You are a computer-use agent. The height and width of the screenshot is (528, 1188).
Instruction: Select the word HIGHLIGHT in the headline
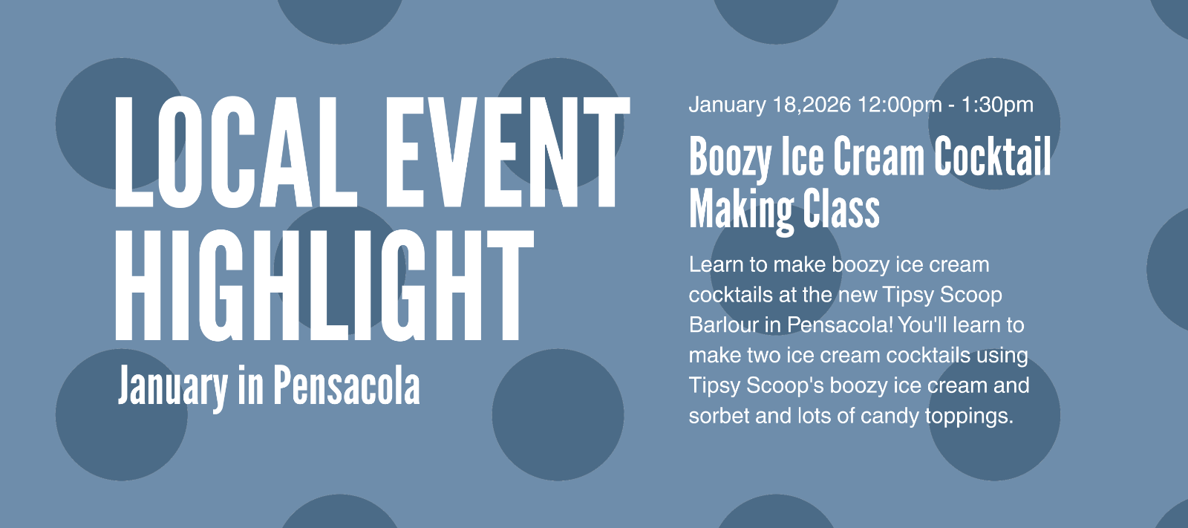[324, 285]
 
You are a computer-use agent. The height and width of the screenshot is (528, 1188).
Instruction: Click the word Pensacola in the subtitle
[347, 385]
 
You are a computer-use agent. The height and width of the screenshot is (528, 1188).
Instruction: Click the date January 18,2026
[769, 105]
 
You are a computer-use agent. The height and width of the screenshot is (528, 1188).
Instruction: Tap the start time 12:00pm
[899, 105]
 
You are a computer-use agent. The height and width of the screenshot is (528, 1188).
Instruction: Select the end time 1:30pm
[997, 105]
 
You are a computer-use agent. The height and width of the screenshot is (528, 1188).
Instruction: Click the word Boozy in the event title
[731, 158]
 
